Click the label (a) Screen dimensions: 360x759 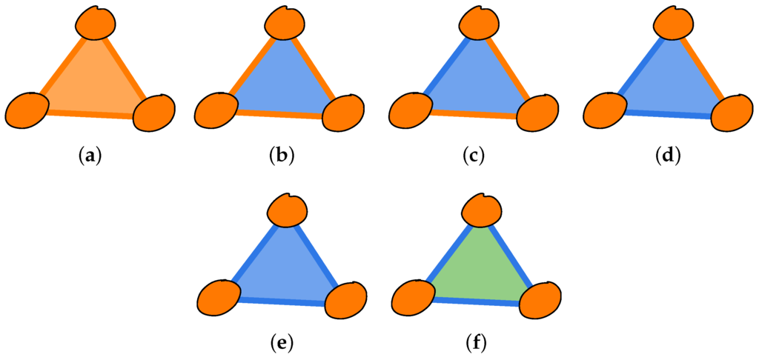tap(90, 156)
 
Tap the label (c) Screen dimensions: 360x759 tap(474, 156)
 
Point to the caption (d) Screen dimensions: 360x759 tap(669, 156)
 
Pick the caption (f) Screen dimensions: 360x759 tap(475, 342)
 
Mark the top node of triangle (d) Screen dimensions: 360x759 tap(673, 21)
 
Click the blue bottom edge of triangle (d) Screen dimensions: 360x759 tap(667, 114)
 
